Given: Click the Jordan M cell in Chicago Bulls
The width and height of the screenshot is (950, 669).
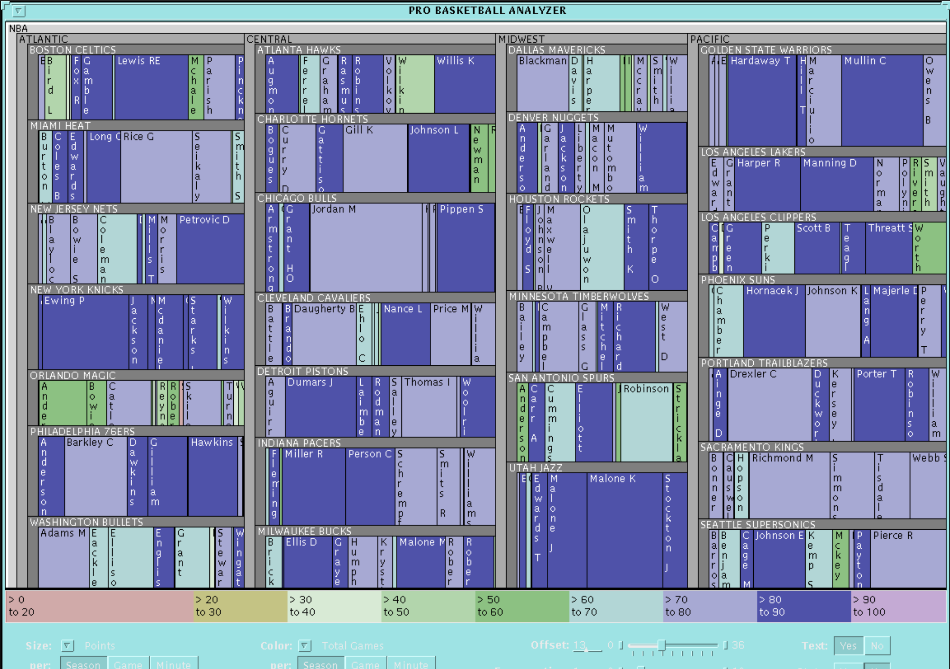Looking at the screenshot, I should pyautogui.click(x=366, y=249).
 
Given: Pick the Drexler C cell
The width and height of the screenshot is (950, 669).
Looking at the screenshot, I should pyautogui.click(x=769, y=406).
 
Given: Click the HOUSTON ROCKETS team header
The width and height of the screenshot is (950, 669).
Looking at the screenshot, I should pyautogui.click(x=559, y=199).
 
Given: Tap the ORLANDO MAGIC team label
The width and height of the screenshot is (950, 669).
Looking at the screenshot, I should pyautogui.click(x=73, y=376).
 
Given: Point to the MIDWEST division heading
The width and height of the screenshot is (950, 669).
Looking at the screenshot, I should pyautogui.click(x=522, y=39).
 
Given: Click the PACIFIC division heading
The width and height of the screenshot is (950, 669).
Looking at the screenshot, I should pyautogui.click(x=710, y=39).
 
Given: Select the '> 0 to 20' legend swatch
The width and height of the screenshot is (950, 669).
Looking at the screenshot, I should pyautogui.click(x=99, y=606).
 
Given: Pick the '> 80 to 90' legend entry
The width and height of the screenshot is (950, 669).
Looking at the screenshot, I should pyautogui.click(x=803, y=606).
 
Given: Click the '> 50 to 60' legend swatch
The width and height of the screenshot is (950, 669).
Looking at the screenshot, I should pyautogui.click(x=522, y=606).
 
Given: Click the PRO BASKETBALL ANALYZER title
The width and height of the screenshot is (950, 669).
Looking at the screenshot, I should pyautogui.click(x=487, y=10).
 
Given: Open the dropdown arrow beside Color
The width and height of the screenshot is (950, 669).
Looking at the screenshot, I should pyautogui.click(x=305, y=645).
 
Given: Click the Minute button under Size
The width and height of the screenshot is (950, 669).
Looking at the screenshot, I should pyautogui.click(x=174, y=664).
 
